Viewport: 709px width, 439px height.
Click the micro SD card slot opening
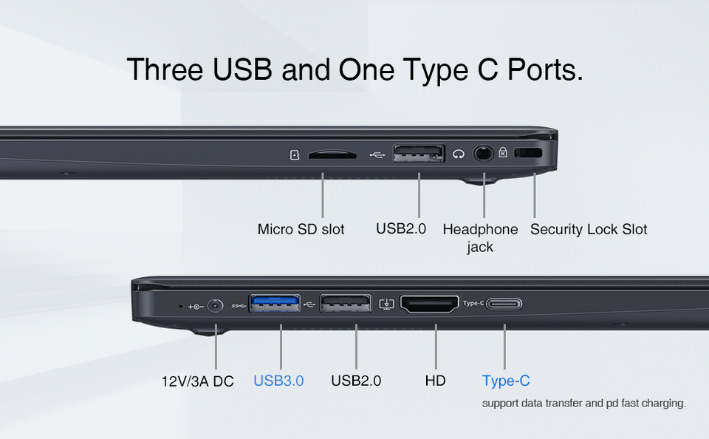[332, 155]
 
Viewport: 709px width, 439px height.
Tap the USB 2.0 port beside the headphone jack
[419, 154]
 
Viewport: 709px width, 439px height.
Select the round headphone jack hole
[483, 154]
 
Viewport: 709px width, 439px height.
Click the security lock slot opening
[528, 152]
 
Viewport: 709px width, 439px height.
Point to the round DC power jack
[215, 306]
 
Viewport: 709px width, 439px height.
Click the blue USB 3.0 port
[275, 303]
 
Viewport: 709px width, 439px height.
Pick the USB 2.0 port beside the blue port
[346, 303]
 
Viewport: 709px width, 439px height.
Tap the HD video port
[430, 304]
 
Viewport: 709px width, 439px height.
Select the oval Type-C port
[504, 304]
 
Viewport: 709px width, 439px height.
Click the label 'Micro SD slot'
[301, 229]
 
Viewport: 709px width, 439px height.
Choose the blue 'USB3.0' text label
[278, 381]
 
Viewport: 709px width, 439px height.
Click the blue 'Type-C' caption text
[506, 381]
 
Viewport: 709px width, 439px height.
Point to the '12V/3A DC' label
[198, 381]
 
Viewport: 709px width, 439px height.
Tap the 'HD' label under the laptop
[436, 381]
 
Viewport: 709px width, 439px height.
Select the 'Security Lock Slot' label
[589, 229]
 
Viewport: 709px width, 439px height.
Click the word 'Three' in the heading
[165, 69]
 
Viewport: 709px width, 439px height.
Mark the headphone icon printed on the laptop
[459, 154]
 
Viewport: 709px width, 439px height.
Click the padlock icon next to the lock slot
[503, 152]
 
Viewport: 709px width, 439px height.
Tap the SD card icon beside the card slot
[295, 155]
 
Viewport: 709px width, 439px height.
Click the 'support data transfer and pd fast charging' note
[583, 403]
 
